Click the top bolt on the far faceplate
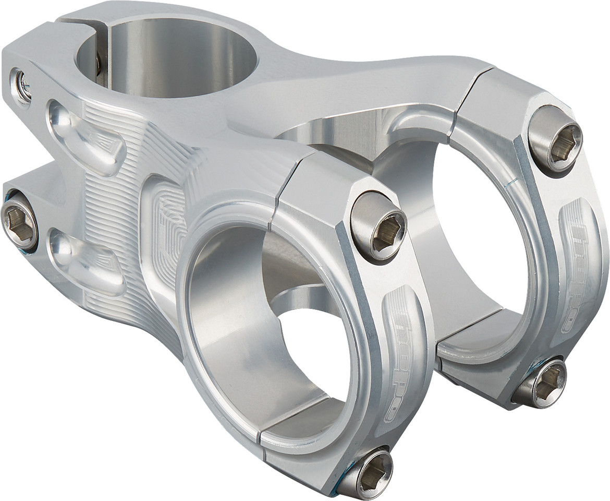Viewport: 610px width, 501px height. (x=555, y=138)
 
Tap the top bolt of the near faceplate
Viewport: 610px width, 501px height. (x=378, y=226)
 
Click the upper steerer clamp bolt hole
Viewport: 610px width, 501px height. (x=22, y=86)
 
